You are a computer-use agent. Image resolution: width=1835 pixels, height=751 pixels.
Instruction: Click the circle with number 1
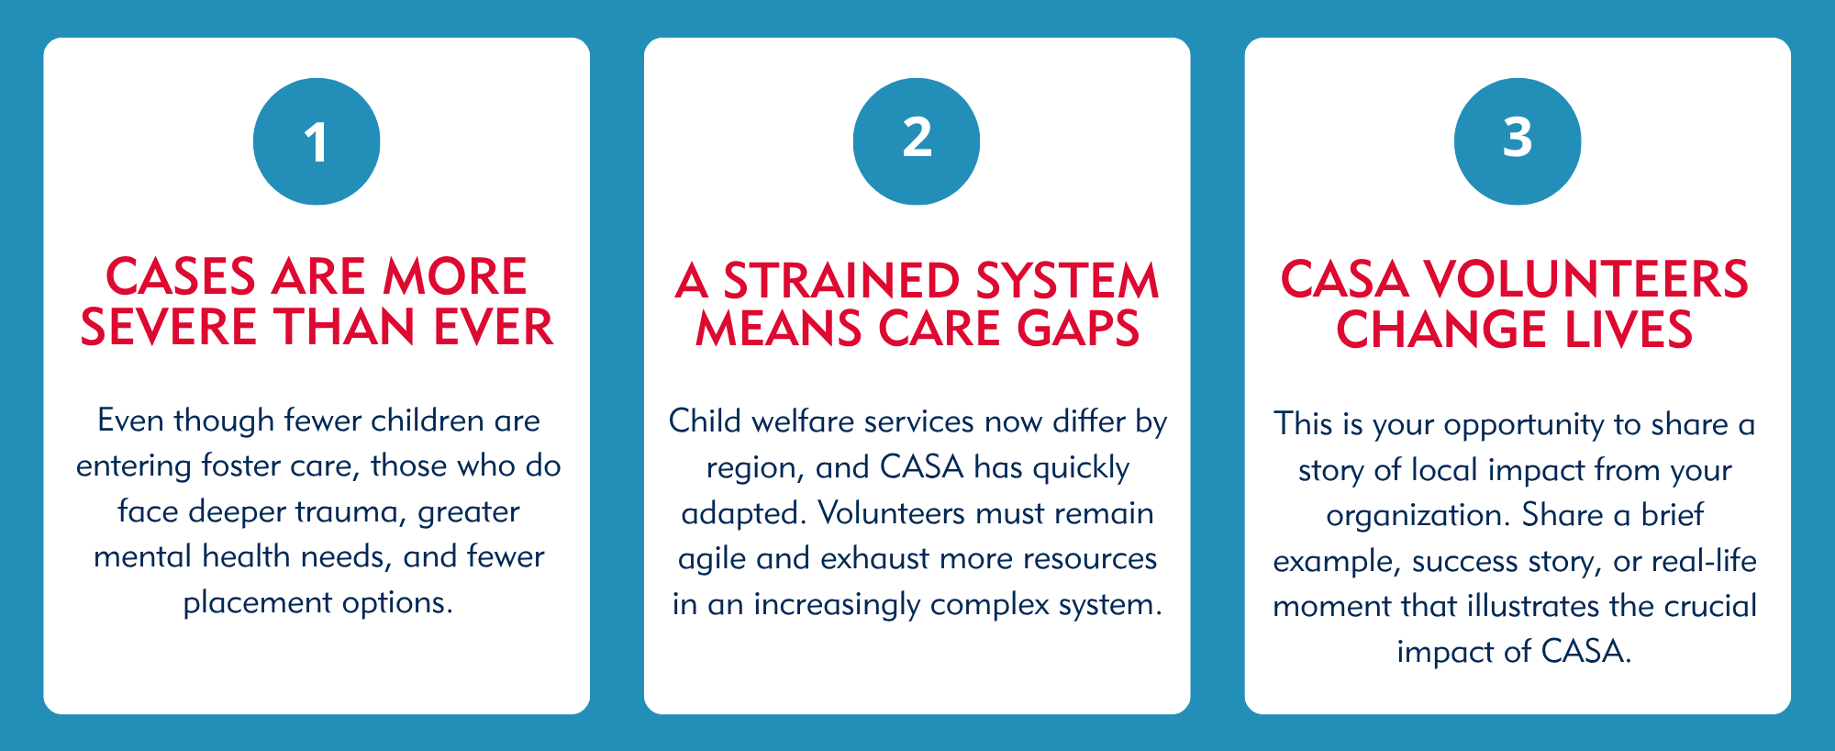(x=317, y=141)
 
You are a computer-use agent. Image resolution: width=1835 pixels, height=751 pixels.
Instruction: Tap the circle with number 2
(x=917, y=141)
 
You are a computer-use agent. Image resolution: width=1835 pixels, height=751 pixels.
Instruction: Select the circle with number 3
(x=1518, y=141)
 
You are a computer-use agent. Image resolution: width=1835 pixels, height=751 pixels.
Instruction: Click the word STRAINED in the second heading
(x=841, y=281)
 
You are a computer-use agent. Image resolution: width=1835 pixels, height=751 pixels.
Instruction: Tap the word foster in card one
(x=241, y=465)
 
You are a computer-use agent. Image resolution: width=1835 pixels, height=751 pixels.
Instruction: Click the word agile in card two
(x=712, y=559)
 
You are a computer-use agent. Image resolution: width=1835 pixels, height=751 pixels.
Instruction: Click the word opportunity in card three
(x=1524, y=425)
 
